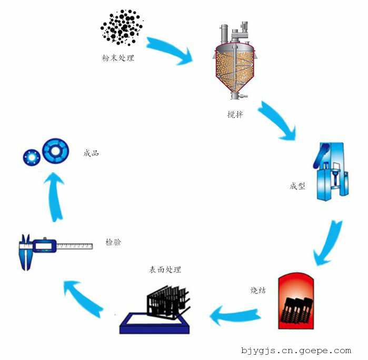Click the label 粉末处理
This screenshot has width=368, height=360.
click(118, 58)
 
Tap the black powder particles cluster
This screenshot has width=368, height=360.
click(122, 26)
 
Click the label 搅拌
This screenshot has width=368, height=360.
click(235, 114)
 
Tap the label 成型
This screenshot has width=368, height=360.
click(297, 186)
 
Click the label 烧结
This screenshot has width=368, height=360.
click(257, 290)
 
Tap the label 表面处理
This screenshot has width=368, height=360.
click(165, 269)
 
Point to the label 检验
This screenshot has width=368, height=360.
click(113, 243)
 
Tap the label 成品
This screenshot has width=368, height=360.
click(91, 154)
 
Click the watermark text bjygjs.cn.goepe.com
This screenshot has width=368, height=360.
click(295, 351)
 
